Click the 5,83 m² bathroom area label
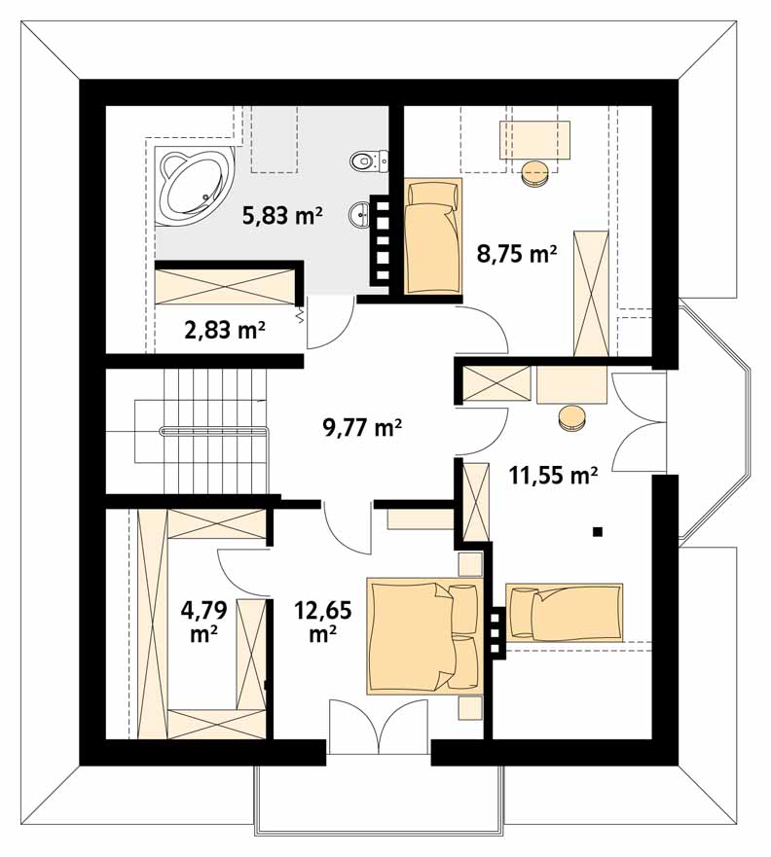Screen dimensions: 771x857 [x=282, y=215]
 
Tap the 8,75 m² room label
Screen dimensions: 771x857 [x=517, y=254]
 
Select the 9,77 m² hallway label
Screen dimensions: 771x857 [x=362, y=427]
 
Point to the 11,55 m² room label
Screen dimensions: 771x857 [x=553, y=475]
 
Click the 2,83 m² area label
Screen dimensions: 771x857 [x=225, y=330]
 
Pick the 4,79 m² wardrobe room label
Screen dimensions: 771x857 [x=204, y=621]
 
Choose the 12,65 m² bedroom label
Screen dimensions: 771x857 [x=322, y=621]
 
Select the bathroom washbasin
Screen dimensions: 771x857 [x=359, y=214]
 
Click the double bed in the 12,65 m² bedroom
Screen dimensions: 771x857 [x=424, y=636]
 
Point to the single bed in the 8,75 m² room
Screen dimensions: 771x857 [x=432, y=235]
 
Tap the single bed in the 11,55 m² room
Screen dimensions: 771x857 [x=565, y=613]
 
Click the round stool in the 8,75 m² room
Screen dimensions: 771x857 [x=535, y=173]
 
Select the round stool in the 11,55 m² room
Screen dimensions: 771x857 [x=572, y=418]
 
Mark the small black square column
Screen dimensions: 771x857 [x=598, y=531]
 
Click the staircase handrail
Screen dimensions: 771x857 [x=214, y=431]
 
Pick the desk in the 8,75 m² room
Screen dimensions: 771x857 [x=534, y=140]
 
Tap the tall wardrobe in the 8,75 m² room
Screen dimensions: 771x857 [x=591, y=294]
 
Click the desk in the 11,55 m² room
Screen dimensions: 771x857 [x=572, y=385]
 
